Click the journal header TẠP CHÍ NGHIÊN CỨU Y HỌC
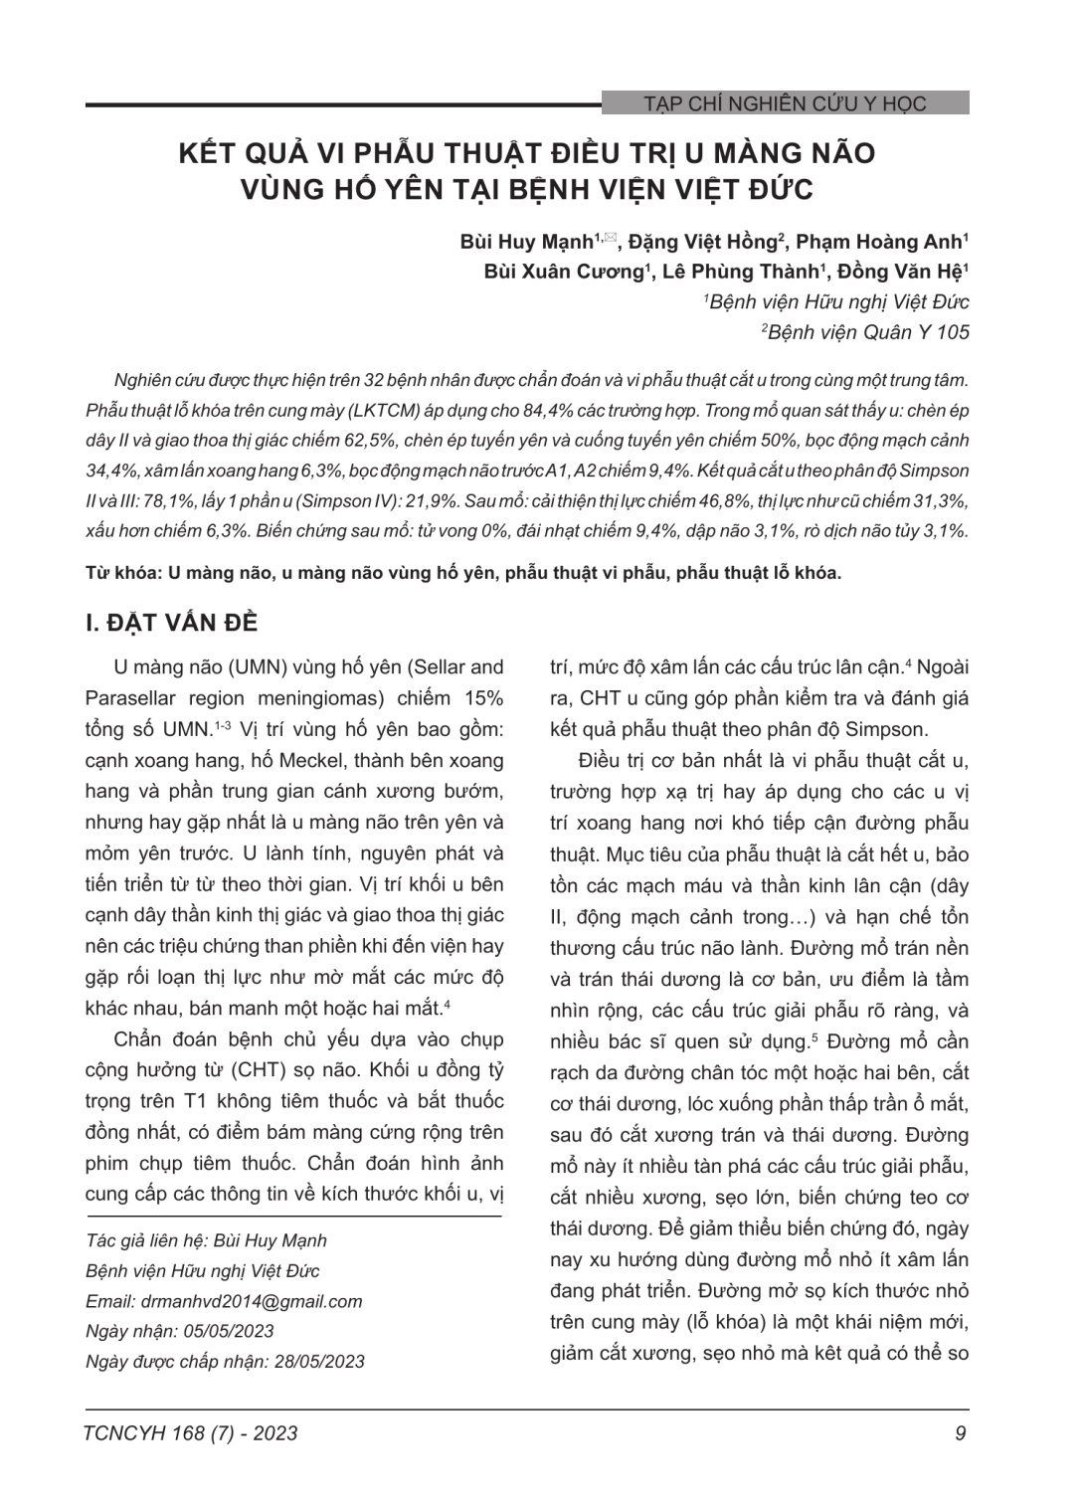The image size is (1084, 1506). pyautogui.click(x=785, y=103)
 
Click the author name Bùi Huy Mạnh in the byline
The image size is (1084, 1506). pyautogui.click(x=526, y=242)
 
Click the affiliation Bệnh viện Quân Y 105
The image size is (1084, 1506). pyautogui.click(x=867, y=332)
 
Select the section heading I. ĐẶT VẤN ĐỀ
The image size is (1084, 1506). pyautogui.click(x=172, y=623)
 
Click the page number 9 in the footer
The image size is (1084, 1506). pyautogui.click(x=960, y=1432)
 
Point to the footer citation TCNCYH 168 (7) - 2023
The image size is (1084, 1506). pyautogui.click(x=192, y=1432)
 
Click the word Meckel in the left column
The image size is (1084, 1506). pyautogui.click(x=355, y=760)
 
